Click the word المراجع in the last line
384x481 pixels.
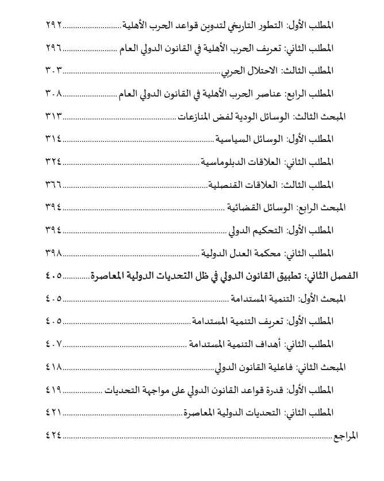[x=345, y=436]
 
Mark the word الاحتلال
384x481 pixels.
[x=262, y=71]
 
